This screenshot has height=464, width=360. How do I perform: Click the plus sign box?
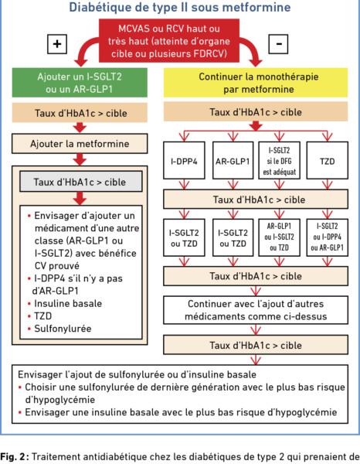[x=57, y=44]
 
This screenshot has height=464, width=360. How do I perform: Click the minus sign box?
[x=278, y=44]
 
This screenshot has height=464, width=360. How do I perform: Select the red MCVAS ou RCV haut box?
[x=168, y=41]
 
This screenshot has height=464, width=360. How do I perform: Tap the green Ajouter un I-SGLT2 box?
[x=80, y=83]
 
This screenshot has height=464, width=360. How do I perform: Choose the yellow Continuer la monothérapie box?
[x=256, y=83]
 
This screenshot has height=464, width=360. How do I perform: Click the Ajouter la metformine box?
[x=80, y=144]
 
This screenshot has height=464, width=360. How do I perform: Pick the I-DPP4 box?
[x=184, y=160]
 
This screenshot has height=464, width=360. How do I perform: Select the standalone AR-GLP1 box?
[x=233, y=160]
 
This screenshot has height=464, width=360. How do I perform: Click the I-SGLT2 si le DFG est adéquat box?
[x=280, y=160]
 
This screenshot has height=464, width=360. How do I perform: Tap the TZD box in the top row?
[x=328, y=160]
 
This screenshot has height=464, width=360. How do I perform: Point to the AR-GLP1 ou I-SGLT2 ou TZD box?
[x=280, y=237]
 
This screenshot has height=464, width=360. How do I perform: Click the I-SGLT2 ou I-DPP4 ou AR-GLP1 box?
[x=328, y=237]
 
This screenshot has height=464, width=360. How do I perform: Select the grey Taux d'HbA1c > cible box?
[x=81, y=182]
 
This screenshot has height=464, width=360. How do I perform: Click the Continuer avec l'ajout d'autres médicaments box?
[x=256, y=310]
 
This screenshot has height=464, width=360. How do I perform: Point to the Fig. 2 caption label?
[x=13, y=456]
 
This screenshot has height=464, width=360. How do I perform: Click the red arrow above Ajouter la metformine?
[x=80, y=128]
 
